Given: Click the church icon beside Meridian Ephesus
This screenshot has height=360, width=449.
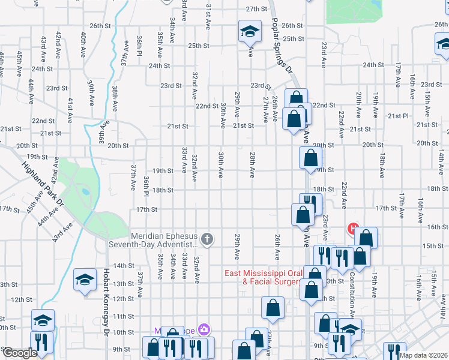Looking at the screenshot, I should point(207,240).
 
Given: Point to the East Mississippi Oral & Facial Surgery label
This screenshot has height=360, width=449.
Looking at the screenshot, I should point(263,277).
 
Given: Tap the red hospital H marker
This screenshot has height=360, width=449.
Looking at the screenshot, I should point(353,229).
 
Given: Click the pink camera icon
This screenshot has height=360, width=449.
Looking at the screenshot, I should point(204,329).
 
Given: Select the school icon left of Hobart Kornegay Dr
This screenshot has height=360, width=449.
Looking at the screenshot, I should point(85,280).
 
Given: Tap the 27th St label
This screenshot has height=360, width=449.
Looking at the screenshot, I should point(256,9).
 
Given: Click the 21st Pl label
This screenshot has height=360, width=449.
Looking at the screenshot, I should point(397,116).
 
